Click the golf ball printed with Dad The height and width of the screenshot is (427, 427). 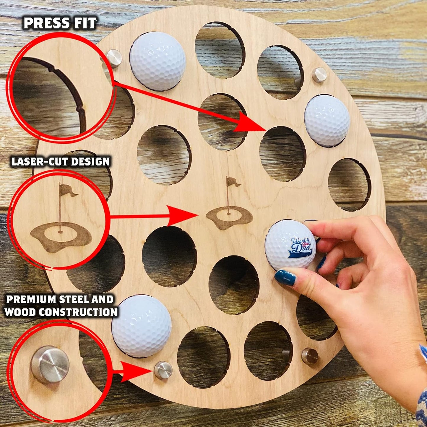tap(290, 245)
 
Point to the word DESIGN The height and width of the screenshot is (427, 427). tap(91, 162)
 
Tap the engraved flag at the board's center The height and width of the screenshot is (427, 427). tap(232, 182)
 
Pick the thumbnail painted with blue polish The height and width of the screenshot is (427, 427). tap(285, 278)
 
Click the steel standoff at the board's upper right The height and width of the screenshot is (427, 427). tap(319, 75)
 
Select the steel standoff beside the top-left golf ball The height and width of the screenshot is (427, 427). tap(114, 58)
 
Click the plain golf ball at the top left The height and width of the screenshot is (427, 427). tap(158, 61)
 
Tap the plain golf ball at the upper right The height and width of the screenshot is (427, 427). tap(327, 121)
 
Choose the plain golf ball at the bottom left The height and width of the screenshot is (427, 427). tap(142, 326)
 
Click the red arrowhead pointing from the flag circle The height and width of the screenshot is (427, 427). tap(183, 216)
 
